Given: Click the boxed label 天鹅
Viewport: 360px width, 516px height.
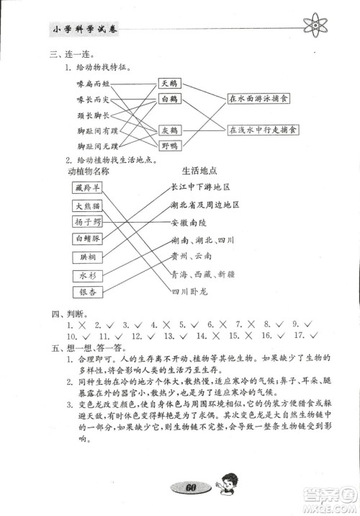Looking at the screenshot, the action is click(170, 84).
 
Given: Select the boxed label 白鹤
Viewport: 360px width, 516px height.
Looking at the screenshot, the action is click(170, 99).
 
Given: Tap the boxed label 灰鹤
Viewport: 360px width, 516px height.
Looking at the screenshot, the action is click(170, 131).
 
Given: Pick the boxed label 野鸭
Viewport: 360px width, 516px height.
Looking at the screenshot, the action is click(170, 146).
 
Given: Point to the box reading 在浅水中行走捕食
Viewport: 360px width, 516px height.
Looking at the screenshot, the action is click(263, 130).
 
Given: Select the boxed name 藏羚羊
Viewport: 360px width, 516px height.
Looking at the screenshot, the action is click(89, 188).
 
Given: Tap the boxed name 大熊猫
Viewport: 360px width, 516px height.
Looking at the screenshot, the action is click(89, 205).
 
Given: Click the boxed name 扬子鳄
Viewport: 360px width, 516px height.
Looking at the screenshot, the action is click(89, 222).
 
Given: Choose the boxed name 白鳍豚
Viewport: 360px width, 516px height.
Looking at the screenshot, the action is click(89, 239).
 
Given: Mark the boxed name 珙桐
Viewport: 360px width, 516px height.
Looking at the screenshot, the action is click(89, 257).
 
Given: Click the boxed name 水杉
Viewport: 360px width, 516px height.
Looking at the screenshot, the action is click(89, 275).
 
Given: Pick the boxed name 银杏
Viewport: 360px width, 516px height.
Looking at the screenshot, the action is click(89, 292).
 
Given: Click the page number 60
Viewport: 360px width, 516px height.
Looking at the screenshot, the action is click(190, 487).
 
